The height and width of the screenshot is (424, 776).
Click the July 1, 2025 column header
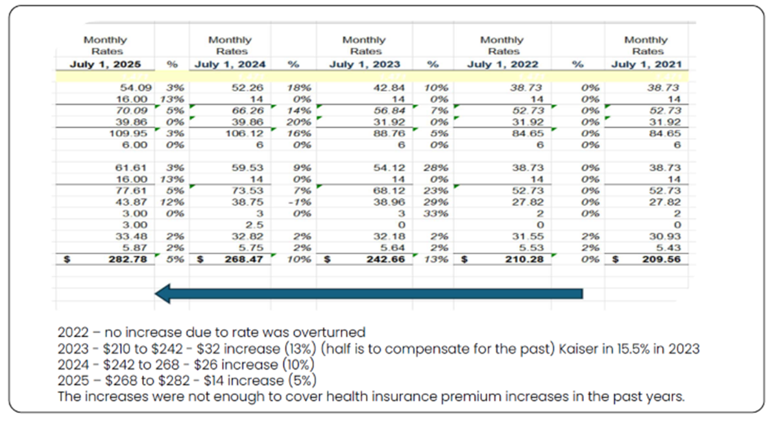click(x=104, y=64)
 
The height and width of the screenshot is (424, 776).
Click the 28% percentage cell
click(x=431, y=167)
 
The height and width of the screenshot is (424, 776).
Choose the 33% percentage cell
click(x=431, y=213)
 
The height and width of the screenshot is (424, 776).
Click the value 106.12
click(x=250, y=134)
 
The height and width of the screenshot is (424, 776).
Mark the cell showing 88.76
click(x=387, y=134)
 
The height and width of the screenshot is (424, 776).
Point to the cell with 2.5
click(x=255, y=224)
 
